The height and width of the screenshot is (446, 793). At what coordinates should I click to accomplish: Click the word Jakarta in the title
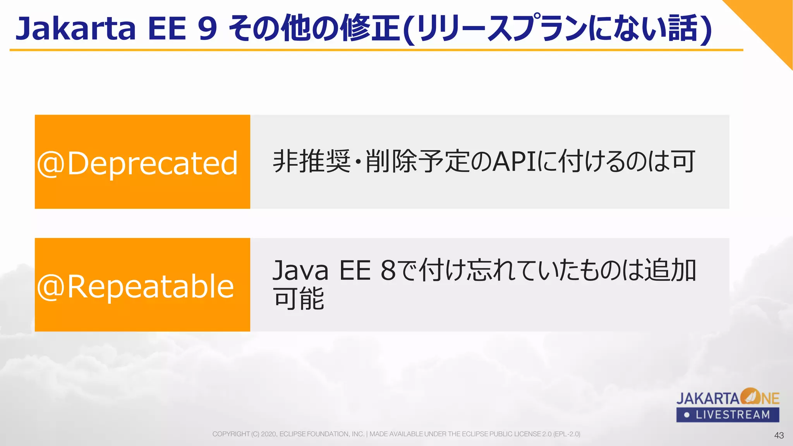point(76,29)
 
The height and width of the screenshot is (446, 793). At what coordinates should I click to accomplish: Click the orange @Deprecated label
point(142,162)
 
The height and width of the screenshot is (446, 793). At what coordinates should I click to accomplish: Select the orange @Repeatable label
point(142,285)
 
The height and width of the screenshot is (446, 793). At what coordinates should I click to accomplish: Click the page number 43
point(779,436)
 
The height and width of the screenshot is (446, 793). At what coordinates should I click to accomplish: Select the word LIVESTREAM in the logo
point(733,415)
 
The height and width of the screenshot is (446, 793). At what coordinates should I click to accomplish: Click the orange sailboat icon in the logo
point(751,396)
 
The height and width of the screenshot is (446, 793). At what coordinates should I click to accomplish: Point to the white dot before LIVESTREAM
point(687,415)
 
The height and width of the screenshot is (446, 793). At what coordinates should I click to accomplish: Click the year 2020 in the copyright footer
point(269,434)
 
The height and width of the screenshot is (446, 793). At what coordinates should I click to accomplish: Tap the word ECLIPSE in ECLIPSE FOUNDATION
point(292,434)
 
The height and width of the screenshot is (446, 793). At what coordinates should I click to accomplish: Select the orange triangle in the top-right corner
point(771,23)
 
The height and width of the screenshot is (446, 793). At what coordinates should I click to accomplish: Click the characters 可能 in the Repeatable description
point(299,299)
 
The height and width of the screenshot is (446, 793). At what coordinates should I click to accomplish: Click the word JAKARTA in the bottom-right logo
point(708,398)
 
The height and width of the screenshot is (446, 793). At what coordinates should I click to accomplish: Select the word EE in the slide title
point(167,29)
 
